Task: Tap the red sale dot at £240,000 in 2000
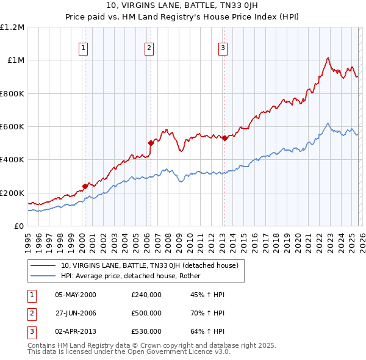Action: click(x=85, y=187)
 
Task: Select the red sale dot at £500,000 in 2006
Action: click(x=151, y=143)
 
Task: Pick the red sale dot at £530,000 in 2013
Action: click(x=224, y=138)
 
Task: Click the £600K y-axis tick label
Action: click(x=12, y=127)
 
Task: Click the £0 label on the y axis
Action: click(x=19, y=226)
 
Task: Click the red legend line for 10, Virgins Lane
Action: click(x=43, y=265)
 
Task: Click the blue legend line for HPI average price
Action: click(x=43, y=275)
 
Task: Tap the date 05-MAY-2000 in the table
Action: click(x=76, y=295)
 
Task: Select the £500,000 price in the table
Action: click(x=146, y=313)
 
